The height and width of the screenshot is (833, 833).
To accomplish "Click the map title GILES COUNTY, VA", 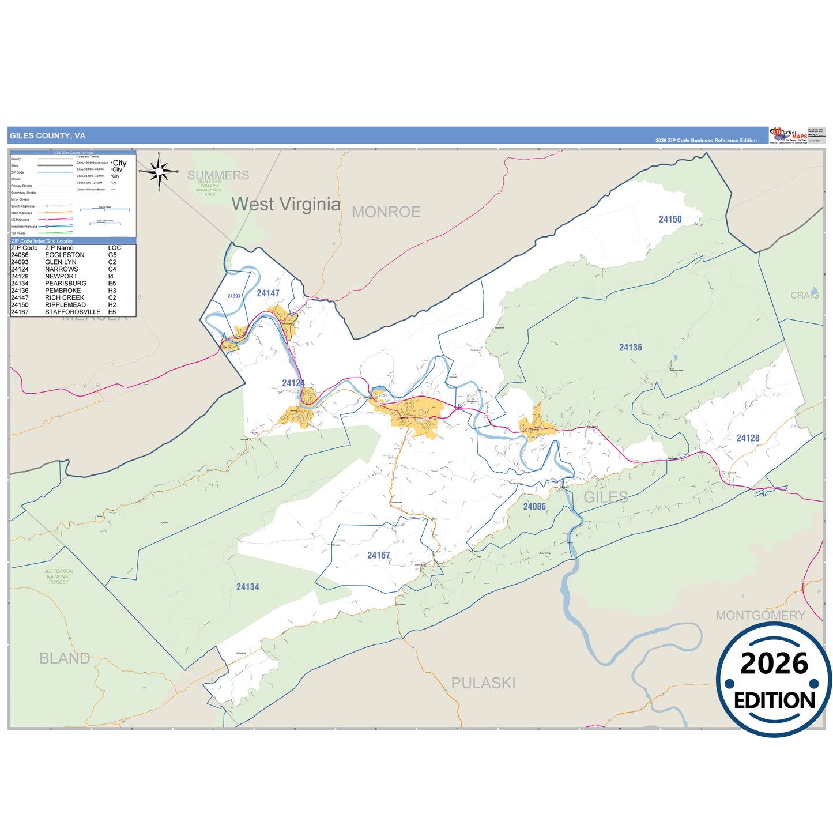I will pos(47,136).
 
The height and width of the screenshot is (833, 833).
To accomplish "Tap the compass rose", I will pos(159,171).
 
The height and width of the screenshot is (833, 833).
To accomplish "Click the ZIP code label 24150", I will pos(670,220).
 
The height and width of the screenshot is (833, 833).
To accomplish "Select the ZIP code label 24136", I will pos(630,348).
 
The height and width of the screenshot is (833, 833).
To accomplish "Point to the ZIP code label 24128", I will pos(748,438).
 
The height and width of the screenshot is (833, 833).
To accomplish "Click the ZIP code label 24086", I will pos(534,507).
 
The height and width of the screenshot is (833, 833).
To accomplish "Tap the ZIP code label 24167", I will pos(379,556).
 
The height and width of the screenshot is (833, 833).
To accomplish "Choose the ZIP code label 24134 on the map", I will pos(247,587).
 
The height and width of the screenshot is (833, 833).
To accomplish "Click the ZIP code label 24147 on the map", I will pos(268,293).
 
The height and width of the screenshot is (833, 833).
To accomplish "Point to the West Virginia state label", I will pos(286,204).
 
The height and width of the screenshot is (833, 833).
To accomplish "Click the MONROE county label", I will pos(386,212).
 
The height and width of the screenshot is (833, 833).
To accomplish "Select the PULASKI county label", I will pos(483,683).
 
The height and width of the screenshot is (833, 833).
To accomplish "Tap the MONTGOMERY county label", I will pos(760,616).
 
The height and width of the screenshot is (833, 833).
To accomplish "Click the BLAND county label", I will pos(65,658).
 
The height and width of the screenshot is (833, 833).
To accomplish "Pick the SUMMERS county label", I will pos(218,175).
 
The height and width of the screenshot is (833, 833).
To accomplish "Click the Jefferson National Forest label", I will pos(59,576).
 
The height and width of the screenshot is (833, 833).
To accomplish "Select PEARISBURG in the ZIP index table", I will pos(66,284).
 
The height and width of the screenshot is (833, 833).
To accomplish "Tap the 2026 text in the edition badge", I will pos(774,664).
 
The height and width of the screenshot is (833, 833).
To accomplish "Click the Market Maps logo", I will pos(789,136).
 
